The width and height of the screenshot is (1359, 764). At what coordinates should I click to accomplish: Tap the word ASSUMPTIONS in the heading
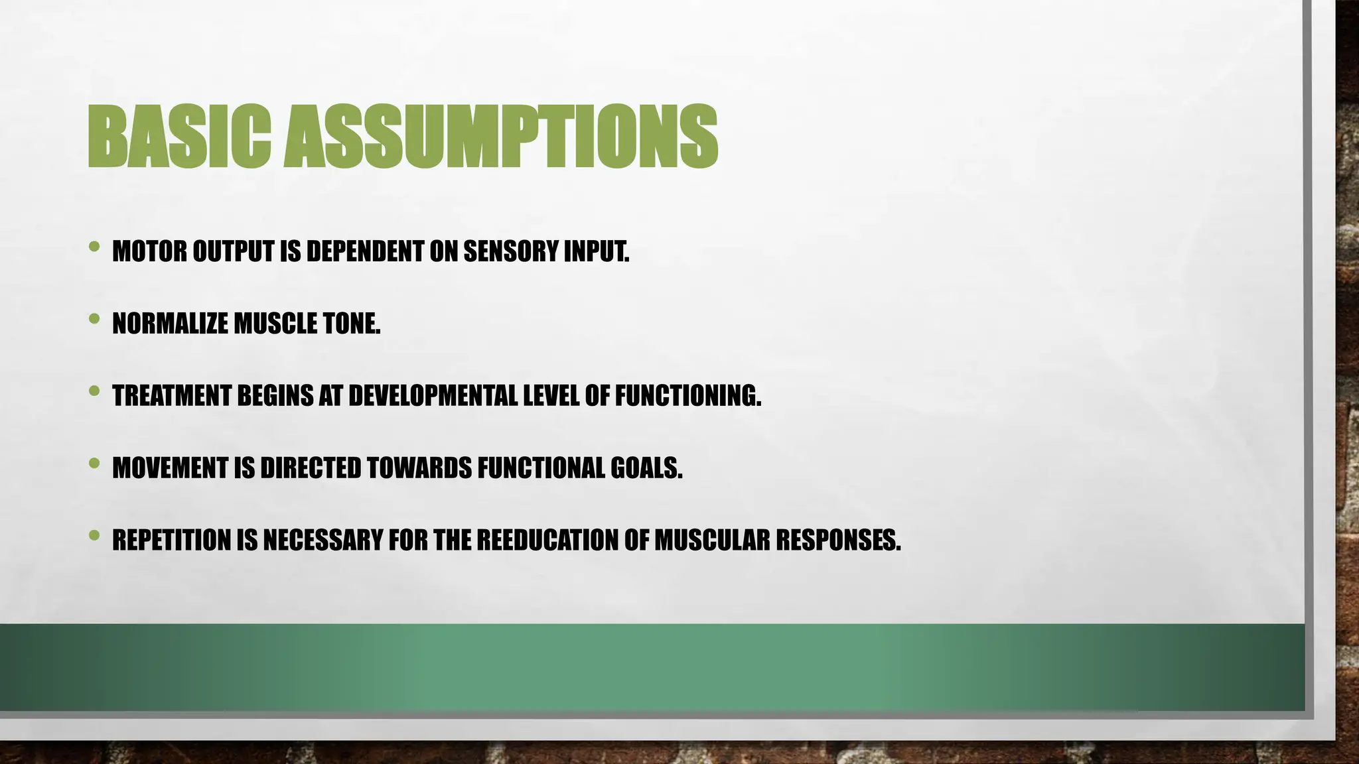[x=501, y=137]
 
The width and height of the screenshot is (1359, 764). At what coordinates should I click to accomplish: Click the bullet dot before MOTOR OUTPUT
[x=94, y=247]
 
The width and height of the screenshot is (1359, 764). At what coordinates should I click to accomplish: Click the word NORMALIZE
[x=170, y=324]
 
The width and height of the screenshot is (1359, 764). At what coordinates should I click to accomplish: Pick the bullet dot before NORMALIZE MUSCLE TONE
[x=94, y=319]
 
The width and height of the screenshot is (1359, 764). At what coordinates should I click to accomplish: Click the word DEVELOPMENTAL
[x=433, y=396]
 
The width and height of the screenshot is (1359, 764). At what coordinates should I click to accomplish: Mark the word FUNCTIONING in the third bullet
[x=687, y=396]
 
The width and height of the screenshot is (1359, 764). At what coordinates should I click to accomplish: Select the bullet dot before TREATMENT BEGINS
[x=94, y=391]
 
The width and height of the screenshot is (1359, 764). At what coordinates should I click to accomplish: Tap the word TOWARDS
[x=419, y=468]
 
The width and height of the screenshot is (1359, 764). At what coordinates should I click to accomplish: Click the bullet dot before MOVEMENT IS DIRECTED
[x=94, y=463]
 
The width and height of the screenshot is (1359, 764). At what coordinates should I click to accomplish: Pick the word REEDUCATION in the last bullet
[x=547, y=541]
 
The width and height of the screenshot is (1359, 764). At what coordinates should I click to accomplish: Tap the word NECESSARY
[x=322, y=541]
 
